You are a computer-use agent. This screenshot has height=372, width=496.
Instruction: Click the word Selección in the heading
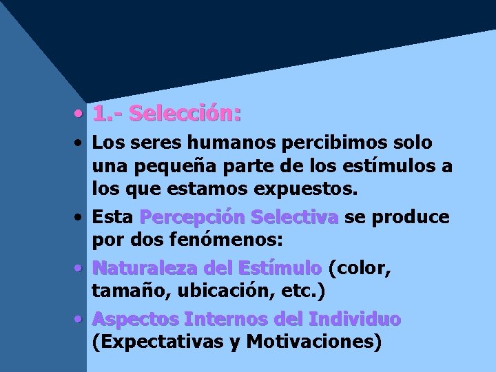[x=185, y=113]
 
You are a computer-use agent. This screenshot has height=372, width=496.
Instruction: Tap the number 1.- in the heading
[x=107, y=113]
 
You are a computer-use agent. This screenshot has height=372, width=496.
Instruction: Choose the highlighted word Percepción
[x=192, y=218]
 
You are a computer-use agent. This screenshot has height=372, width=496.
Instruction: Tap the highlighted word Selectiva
[x=295, y=218]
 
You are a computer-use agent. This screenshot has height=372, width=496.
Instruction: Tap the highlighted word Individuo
[x=355, y=320]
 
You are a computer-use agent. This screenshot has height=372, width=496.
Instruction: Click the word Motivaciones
[x=313, y=342]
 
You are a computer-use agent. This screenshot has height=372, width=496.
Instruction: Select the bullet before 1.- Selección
[x=81, y=113]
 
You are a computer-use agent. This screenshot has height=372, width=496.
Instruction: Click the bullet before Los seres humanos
[x=81, y=144]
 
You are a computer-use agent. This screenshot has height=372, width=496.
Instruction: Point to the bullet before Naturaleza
[x=81, y=268]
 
